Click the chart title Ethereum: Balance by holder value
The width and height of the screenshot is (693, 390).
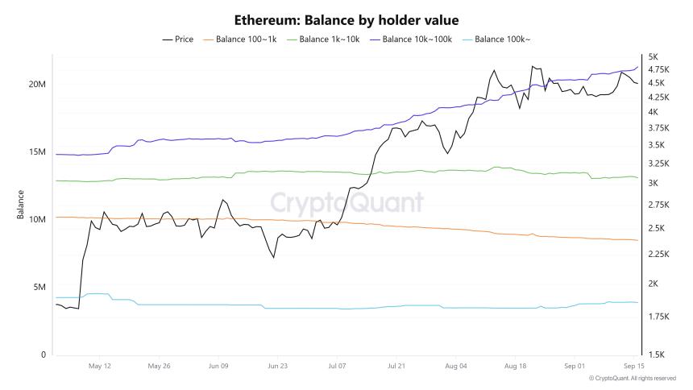(346, 19)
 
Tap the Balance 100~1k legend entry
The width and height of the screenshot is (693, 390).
(248, 39)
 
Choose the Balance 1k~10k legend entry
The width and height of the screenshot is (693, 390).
(330, 39)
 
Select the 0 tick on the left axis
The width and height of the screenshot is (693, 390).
(44, 355)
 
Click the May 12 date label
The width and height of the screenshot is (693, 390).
(100, 365)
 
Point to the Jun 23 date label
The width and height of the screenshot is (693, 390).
(277, 365)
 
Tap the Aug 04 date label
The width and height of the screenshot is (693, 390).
(455, 365)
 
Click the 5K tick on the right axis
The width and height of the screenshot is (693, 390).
(653, 56)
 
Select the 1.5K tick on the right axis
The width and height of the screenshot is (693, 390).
(656, 355)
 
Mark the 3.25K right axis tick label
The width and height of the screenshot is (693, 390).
(659, 164)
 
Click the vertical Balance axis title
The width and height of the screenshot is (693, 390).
(20, 205)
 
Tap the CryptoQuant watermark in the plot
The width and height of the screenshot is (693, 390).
(346, 201)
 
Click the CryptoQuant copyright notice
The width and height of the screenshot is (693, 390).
(632, 378)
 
